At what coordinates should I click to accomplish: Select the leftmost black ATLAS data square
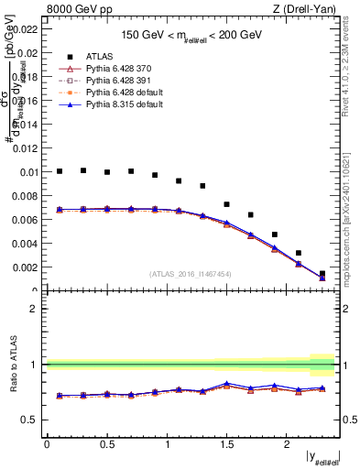[x=60, y=171]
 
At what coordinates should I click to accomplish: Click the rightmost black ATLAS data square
[x=322, y=273]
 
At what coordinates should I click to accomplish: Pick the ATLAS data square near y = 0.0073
[x=226, y=204]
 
